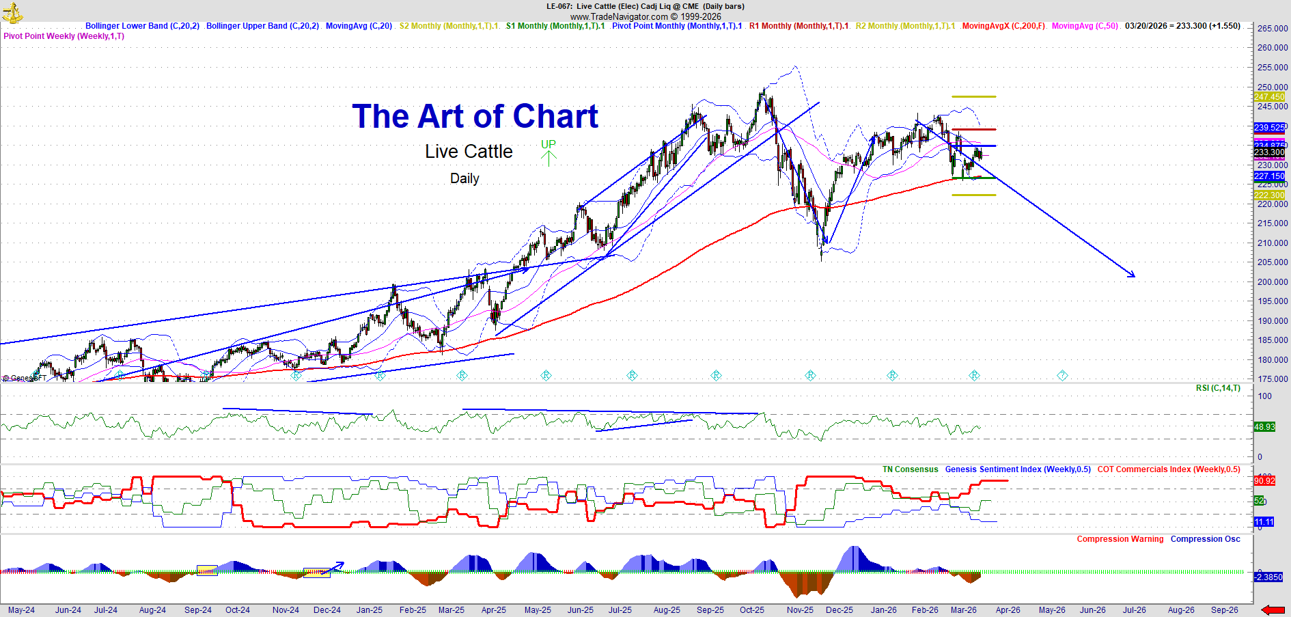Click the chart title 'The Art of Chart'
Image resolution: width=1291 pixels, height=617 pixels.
475,117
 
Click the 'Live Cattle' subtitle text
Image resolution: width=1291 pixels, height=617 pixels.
469,152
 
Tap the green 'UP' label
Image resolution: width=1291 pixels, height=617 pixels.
549,144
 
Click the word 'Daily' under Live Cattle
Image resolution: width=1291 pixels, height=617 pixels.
464,178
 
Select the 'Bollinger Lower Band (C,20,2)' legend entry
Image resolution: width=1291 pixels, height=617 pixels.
142,26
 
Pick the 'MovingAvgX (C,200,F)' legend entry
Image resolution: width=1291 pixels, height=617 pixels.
1003,26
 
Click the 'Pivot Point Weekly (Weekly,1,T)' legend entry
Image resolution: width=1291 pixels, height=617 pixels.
64,36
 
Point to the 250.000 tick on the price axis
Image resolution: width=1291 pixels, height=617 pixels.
1272,87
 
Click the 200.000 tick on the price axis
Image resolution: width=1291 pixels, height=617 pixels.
1272,282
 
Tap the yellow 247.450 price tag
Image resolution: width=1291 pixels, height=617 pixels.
1269,97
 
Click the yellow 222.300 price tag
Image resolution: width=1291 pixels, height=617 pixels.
1269,195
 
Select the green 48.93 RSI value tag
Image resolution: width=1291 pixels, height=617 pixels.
1264,427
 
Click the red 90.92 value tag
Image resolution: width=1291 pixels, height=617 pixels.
1264,481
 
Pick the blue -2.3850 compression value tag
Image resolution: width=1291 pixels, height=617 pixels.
1268,577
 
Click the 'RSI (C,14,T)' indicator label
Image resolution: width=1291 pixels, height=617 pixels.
1218,388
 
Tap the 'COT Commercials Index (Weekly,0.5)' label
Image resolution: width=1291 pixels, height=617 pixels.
1169,469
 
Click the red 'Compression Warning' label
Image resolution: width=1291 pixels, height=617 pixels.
1120,539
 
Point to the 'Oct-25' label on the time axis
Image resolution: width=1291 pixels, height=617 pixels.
752,610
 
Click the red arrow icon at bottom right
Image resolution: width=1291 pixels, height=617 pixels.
1273,609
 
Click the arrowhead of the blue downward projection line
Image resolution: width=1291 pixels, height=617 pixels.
1133,275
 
